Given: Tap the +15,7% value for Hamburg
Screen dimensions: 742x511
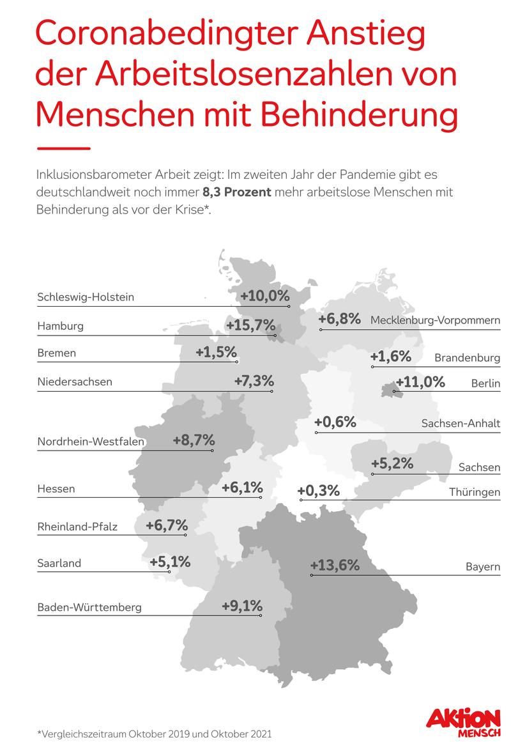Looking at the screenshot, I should (250, 325).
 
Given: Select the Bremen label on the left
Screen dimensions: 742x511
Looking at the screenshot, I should (56, 353).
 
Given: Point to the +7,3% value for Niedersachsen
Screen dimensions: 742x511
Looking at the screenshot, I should (254, 381).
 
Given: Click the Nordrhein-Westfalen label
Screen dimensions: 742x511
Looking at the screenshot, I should (91, 442).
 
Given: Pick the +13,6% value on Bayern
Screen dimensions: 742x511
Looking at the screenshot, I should (335, 566).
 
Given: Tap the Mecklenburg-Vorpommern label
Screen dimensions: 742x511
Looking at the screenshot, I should (435, 320).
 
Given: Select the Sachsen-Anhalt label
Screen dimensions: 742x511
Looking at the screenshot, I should (461, 423).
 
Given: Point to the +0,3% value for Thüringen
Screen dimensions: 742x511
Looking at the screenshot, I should (318, 491).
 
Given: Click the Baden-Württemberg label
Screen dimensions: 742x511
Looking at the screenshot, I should (89, 607).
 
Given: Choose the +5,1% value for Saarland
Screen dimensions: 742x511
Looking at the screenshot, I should (170, 562).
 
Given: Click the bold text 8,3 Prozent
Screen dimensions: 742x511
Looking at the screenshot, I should (234, 192).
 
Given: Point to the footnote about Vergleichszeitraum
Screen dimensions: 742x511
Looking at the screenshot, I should (155, 734).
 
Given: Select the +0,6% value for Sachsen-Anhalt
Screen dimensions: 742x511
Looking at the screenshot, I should (335, 422).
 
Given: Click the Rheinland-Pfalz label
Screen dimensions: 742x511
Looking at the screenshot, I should (77, 527).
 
